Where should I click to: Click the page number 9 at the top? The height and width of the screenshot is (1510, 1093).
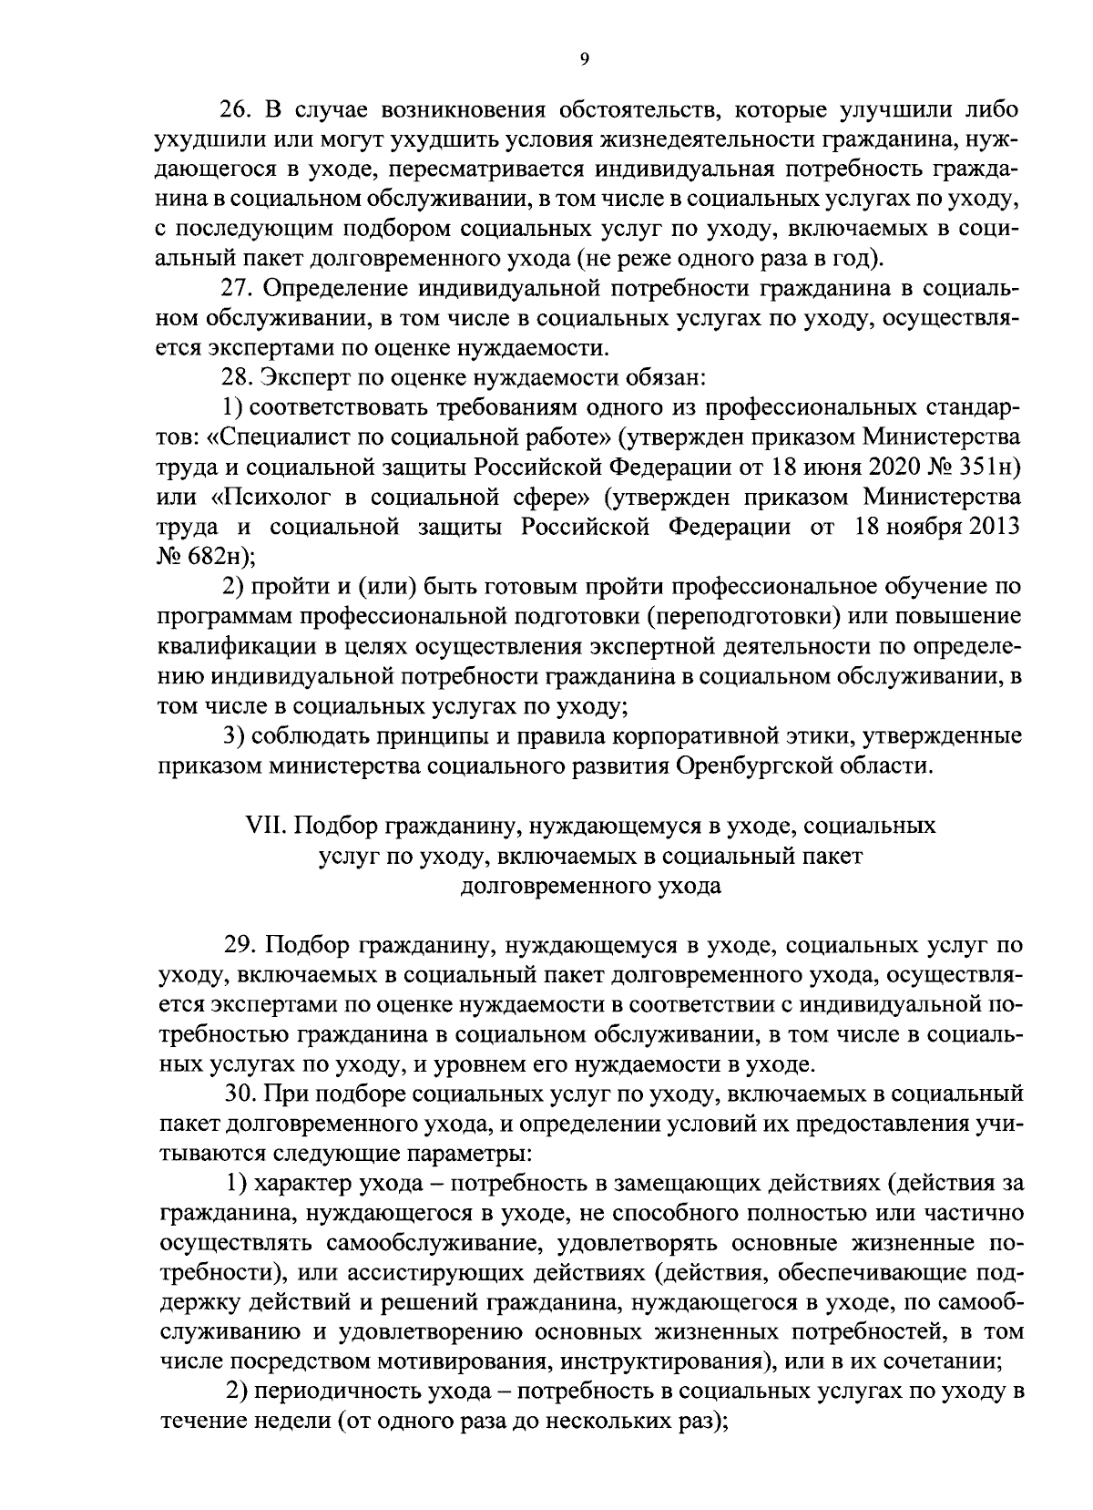point(584,59)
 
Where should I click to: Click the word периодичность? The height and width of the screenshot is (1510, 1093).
point(322,1391)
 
